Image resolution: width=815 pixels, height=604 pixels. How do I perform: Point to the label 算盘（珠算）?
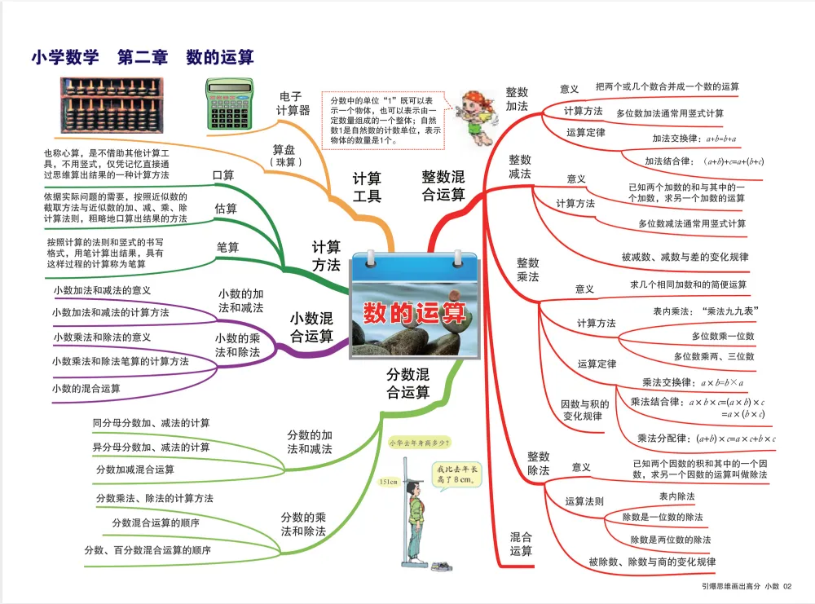click(x=286, y=156)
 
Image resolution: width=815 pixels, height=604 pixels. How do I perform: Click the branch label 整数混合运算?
click(x=443, y=186)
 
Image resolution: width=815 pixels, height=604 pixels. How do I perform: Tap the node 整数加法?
click(x=517, y=99)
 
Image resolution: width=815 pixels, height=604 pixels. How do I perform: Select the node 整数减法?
click(x=520, y=167)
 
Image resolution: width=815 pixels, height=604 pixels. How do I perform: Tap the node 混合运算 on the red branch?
click(x=521, y=544)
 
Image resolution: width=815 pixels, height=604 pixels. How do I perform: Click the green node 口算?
click(x=223, y=175)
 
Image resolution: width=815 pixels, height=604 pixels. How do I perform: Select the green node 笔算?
click(x=227, y=247)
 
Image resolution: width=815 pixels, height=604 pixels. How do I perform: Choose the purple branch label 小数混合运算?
click(x=312, y=327)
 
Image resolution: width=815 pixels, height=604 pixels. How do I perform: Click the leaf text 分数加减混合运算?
click(x=135, y=470)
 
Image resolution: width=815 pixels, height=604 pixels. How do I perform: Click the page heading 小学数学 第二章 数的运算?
click(x=143, y=58)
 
